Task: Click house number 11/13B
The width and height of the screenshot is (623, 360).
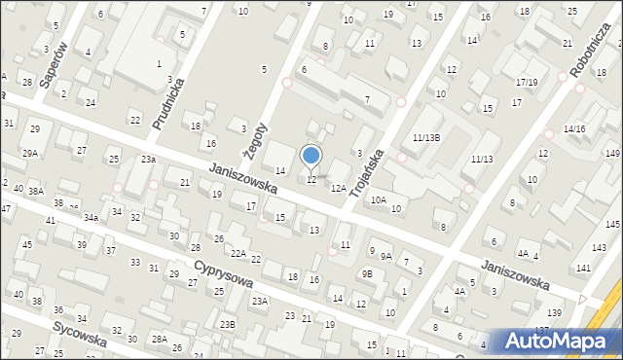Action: tap(426, 138)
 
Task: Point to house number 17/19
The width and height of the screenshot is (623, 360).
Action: tap(528, 82)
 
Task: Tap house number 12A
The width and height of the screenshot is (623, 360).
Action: tap(338, 188)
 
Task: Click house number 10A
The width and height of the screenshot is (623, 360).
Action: tap(378, 199)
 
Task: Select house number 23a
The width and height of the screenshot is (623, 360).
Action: tap(148, 159)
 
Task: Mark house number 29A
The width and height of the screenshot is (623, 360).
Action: tap(31, 154)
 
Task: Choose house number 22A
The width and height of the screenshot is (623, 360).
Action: tap(238, 254)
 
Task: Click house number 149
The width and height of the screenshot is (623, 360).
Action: tap(612, 154)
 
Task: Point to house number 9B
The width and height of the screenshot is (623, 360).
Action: tap(367, 274)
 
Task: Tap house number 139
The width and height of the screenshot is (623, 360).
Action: tap(554, 311)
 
